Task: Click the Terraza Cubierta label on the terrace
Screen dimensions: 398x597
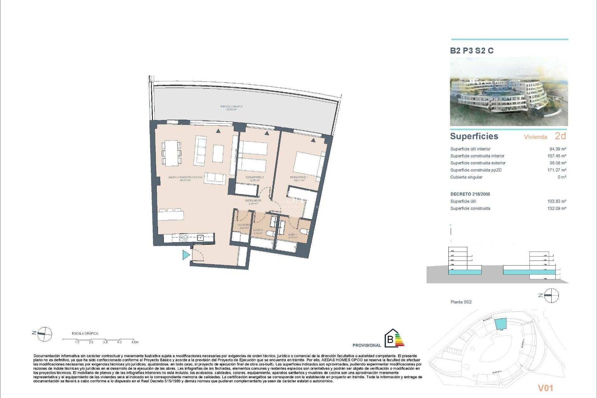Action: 231,108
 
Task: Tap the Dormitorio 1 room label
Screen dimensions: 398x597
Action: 299,178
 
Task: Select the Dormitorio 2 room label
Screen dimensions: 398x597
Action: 254,178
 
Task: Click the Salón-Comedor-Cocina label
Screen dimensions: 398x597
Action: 185,178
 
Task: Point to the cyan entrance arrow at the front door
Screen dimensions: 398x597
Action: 186,255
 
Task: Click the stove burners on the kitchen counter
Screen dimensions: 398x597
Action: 183,238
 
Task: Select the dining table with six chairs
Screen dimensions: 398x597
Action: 171,153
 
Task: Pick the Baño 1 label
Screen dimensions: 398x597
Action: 293,236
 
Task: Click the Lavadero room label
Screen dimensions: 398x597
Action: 244,226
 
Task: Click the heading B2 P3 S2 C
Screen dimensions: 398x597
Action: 472,51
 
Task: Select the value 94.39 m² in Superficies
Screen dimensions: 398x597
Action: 558,149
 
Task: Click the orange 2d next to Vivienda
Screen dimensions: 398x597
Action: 560,136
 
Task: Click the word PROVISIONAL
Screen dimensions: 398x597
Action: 367,345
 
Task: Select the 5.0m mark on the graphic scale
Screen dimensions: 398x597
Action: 135,342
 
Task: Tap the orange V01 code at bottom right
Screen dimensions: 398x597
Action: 545,388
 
